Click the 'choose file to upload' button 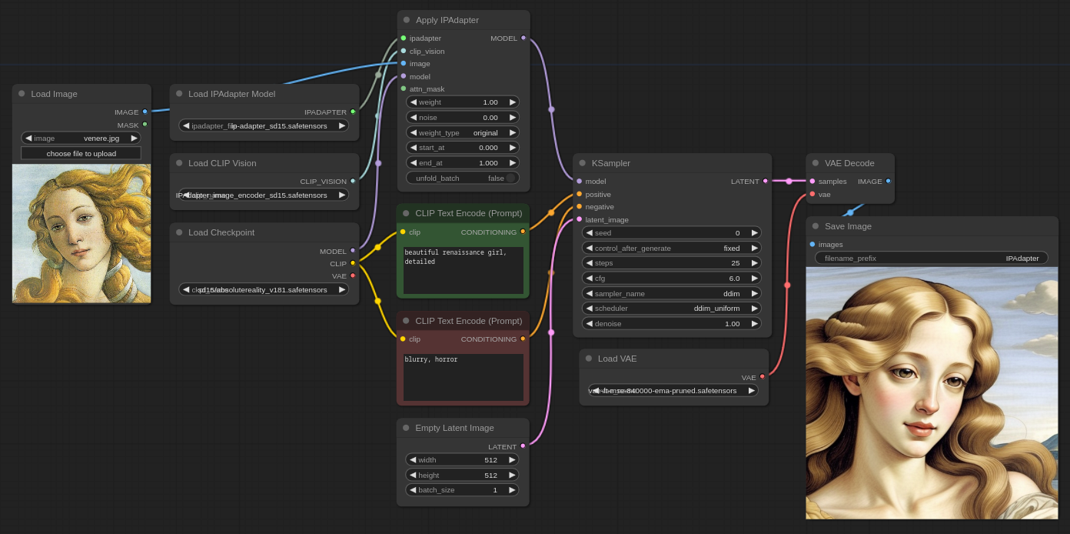click(x=81, y=153)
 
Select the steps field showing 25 click(x=671, y=262)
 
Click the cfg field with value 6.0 click(x=671, y=278)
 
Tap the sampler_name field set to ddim click(x=671, y=293)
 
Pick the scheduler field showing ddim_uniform click(x=671, y=308)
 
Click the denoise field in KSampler click(x=671, y=323)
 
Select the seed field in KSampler click(x=671, y=232)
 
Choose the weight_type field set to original click(x=462, y=132)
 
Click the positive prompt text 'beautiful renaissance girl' click(x=455, y=257)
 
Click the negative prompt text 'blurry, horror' click(x=431, y=359)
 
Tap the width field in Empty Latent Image click(x=462, y=459)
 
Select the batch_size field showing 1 click(x=462, y=489)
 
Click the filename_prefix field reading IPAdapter click(x=931, y=258)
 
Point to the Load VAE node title click(x=617, y=359)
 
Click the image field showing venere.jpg click(x=81, y=138)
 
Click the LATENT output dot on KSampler click(x=765, y=181)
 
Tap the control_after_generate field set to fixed click(x=671, y=248)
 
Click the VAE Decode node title click(x=849, y=163)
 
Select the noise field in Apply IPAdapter click(x=462, y=117)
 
